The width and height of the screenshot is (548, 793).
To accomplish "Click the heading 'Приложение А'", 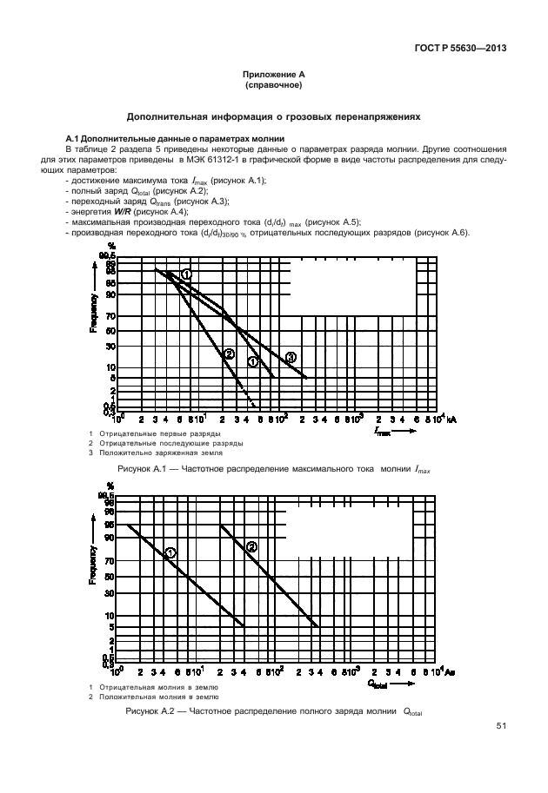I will pos(273,76).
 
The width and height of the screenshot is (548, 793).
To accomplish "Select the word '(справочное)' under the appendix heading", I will pos(273,87).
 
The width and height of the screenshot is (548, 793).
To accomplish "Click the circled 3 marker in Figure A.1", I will pos(291,357).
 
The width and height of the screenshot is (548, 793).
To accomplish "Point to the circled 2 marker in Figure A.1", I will pos(230,354).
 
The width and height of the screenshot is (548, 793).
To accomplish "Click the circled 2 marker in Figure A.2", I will pos(252,547).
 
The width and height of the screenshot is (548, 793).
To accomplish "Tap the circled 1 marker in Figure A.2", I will pos(170,552).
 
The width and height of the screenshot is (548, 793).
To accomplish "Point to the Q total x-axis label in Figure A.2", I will pos(378,684).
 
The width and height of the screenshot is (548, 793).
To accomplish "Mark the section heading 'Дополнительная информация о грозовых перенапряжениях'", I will pos(273,116).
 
